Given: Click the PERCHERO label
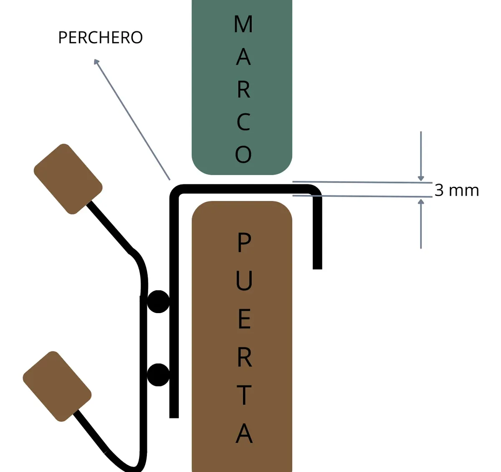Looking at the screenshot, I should (100, 38).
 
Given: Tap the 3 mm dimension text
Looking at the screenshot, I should (456, 190).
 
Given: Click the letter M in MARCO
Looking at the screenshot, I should (243, 24).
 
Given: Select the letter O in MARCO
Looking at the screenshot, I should (243, 155).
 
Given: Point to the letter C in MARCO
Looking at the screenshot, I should (243, 122).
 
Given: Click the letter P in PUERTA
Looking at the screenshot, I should (244, 243).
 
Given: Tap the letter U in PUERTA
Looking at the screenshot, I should (244, 280).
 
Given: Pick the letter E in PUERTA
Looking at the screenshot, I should (244, 319).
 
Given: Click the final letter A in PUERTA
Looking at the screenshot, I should (244, 434).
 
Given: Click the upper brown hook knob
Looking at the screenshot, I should (68, 179).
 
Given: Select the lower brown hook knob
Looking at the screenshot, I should (57, 386).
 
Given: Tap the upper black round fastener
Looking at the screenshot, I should (159, 301).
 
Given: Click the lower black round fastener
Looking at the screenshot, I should (159, 374).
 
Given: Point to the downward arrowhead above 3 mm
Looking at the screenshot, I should (421, 178).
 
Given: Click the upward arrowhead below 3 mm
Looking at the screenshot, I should (421, 202).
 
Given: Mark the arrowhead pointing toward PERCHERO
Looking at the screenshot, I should (97, 62).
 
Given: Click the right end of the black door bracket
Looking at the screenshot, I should (317, 266).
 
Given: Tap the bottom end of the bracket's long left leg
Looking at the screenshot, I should (174, 415).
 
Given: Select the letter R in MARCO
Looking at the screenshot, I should (243, 90).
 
